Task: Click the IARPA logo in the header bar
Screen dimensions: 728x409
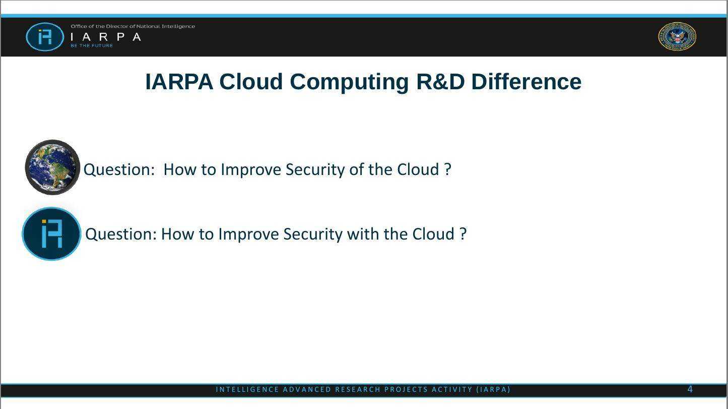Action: pyautogui.click(x=45, y=37)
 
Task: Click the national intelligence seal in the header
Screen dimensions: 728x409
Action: pyautogui.click(x=677, y=36)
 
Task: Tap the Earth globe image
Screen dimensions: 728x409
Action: pyautogui.click(x=52, y=167)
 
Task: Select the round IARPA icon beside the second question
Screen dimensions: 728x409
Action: pyautogui.click(x=51, y=233)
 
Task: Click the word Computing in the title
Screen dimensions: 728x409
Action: pyautogui.click(x=349, y=82)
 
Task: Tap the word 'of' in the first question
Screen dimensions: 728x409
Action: pyautogui.click(x=355, y=169)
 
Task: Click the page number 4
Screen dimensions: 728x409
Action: pyautogui.click(x=690, y=389)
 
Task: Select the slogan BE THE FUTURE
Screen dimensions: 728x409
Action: pyautogui.click(x=92, y=45)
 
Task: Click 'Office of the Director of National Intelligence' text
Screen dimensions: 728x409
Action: pyautogui.click(x=133, y=26)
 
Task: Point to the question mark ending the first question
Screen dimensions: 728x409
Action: pyautogui.click(x=448, y=169)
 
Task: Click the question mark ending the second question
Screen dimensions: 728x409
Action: pyautogui.click(x=463, y=233)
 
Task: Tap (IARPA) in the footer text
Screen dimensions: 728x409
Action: pyautogui.click(x=493, y=389)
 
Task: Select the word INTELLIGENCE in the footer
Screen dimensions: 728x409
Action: pyautogui.click(x=247, y=389)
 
